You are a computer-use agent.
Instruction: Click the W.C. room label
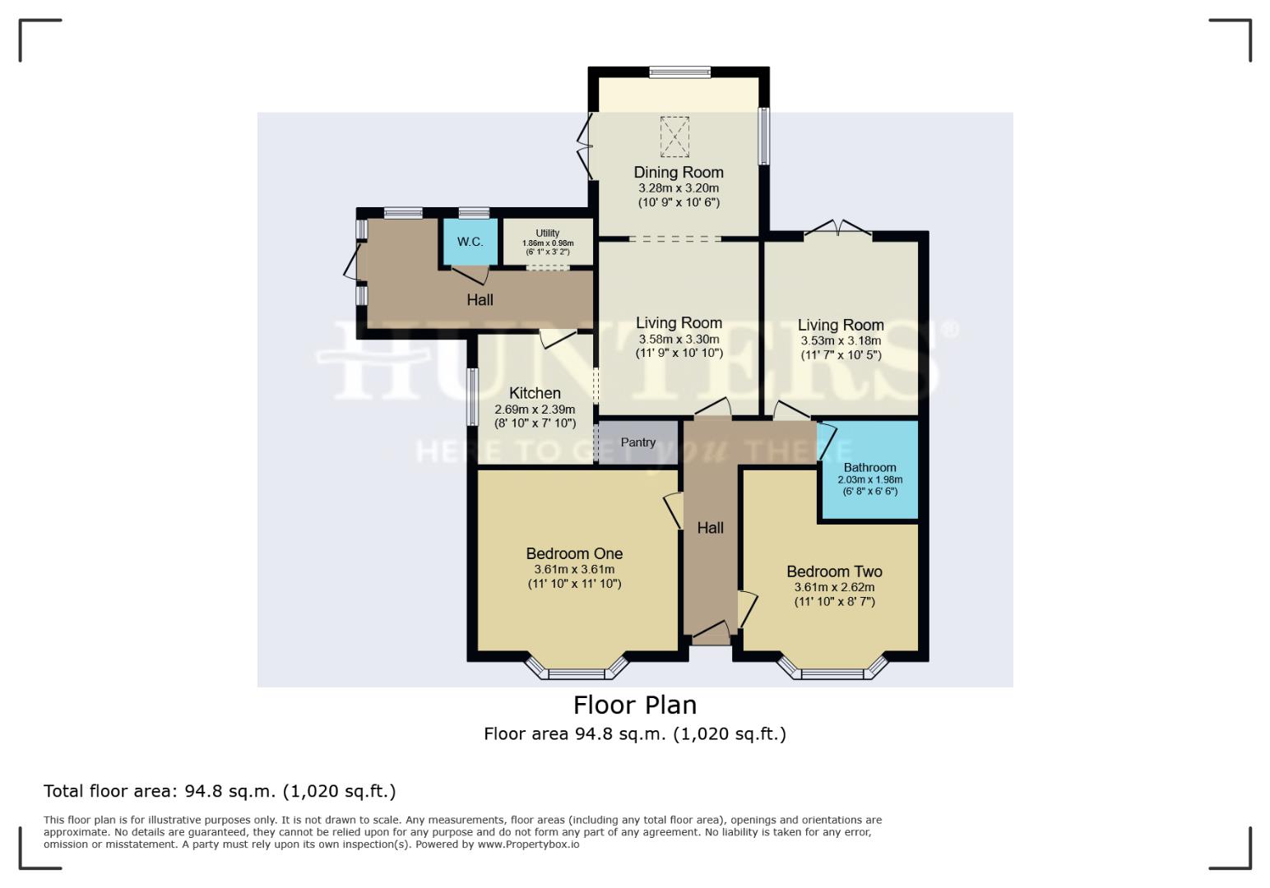[x=470, y=242]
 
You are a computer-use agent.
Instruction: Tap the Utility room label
[x=547, y=234]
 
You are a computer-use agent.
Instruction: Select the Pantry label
[x=638, y=442]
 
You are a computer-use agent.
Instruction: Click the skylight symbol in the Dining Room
[x=674, y=136]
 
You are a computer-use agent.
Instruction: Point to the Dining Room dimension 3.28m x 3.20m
[x=679, y=188]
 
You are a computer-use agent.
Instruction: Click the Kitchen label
[x=535, y=393]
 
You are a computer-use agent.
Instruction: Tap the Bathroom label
[x=869, y=467]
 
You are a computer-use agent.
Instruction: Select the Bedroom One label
[x=574, y=553]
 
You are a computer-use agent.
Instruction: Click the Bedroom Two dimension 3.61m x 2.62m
[x=834, y=587]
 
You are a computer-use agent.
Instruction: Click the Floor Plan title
[x=634, y=705]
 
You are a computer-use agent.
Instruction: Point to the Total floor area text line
[x=220, y=791]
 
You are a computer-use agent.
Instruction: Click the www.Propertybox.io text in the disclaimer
[x=528, y=844]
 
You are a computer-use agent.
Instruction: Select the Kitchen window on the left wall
[x=472, y=396]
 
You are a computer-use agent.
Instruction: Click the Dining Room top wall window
[x=679, y=72]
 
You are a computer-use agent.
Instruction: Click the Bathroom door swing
[x=827, y=442]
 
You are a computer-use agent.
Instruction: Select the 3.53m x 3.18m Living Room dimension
[x=841, y=340]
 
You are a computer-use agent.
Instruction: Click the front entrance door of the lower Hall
[x=711, y=633]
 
